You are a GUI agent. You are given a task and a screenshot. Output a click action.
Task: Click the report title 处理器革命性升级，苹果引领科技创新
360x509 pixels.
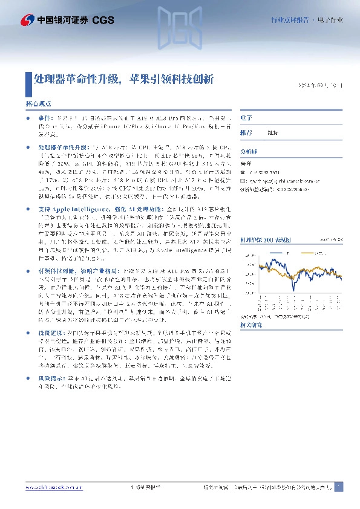point(123,79)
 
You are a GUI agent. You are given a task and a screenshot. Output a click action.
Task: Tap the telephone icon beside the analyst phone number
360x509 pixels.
point(243,172)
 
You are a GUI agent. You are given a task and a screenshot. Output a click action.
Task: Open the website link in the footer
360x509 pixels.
point(51,487)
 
